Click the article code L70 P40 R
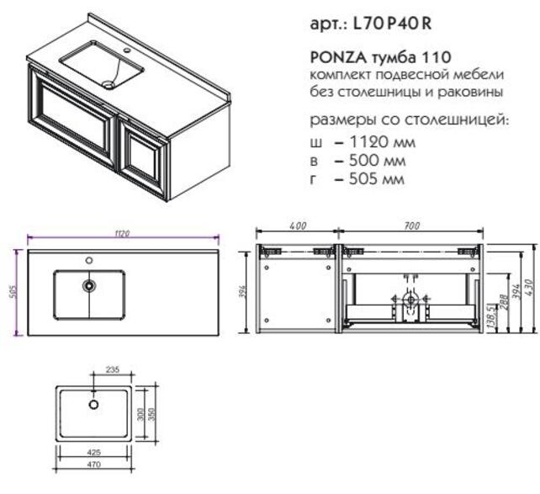tap(392, 24)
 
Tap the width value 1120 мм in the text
tap(382, 141)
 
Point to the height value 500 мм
tap(377, 160)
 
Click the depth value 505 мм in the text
tap(377, 178)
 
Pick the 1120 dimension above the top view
tap(122, 233)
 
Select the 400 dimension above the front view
tap(298, 226)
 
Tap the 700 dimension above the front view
tap(412, 226)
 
